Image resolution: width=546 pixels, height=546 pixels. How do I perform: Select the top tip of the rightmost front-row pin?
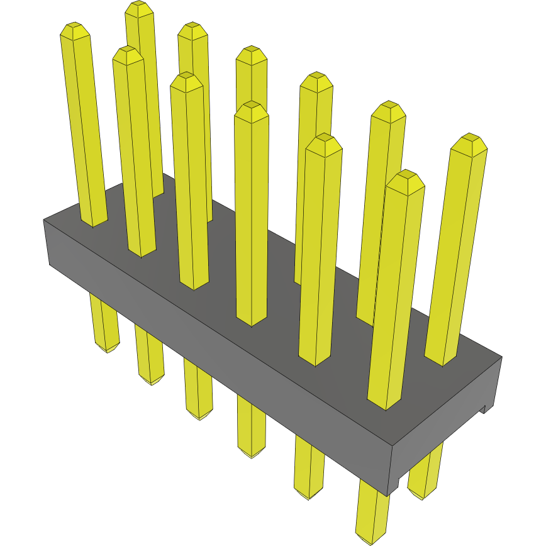click(406, 176)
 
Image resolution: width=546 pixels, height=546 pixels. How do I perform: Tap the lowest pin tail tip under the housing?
click(372, 540)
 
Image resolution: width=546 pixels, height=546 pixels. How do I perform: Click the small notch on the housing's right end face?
click(486, 409)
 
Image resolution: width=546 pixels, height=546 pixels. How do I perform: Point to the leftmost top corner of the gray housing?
click(44, 220)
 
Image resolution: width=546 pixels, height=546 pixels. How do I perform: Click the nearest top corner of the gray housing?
click(392, 447)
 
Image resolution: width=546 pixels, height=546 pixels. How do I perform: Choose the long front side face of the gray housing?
click(214, 352)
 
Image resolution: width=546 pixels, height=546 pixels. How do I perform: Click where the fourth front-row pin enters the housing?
click(251, 322)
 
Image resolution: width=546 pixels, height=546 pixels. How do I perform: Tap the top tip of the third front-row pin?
click(186, 77)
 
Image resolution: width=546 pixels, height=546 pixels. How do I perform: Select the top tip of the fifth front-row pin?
click(325, 139)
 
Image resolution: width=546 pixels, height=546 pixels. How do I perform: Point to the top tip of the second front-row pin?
click(128, 52)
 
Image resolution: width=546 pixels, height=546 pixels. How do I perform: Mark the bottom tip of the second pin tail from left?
click(152, 381)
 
